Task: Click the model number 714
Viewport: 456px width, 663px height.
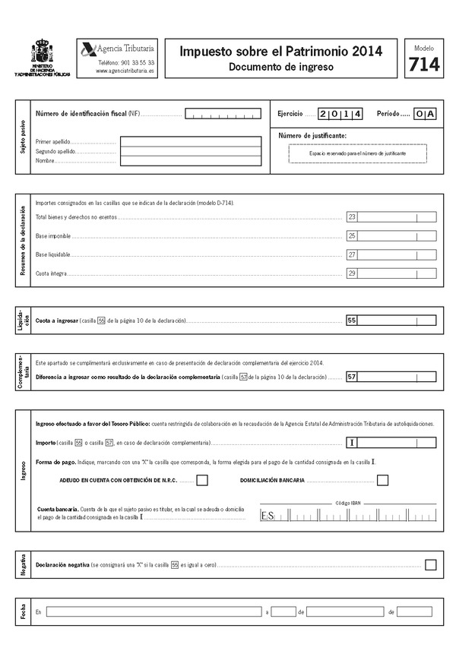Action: click(x=423, y=66)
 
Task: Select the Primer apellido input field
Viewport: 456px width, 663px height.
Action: click(x=193, y=141)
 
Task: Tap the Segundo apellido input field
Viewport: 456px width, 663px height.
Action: click(x=193, y=151)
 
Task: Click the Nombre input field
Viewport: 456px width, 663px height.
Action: click(x=193, y=161)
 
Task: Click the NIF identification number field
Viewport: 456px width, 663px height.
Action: click(x=223, y=115)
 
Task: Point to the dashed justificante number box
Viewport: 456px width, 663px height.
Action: click(x=357, y=153)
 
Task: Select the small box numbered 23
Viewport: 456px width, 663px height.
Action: click(x=352, y=217)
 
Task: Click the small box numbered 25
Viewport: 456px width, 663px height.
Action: click(x=352, y=236)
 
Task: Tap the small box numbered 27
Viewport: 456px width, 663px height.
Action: click(x=352, y=254)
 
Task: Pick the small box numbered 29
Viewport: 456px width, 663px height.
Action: click(x=352, y=273)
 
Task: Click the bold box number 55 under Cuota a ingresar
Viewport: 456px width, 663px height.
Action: click(x=352, y=320)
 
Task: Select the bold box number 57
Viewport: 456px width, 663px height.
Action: click(x=352, y=377)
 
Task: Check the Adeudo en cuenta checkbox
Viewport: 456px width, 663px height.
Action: click(x=202, y=480)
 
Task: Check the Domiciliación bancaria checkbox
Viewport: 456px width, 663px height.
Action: click(x=382, y=480)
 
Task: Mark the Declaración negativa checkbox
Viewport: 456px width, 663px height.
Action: click(x=431, y=565)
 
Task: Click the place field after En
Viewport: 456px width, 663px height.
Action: click(x=152, y=611)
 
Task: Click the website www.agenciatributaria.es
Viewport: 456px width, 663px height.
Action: click(x=125, y=71)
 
